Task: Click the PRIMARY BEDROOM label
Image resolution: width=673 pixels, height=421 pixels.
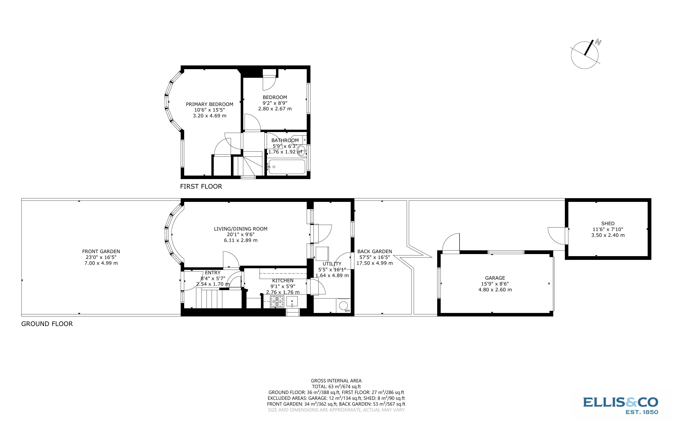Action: click(209, 104)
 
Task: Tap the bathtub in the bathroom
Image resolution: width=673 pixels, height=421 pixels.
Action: click(287, 167)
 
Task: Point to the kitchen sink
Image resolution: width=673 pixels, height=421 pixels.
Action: click(292, 302)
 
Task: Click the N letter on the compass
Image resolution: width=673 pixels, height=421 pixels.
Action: click(598, 43)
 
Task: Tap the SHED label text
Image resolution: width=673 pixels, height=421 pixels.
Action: click(608, 223)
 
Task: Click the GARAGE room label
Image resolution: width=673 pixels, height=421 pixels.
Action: click(495, 278)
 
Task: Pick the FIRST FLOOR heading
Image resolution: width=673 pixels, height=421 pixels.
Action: click(201, 187)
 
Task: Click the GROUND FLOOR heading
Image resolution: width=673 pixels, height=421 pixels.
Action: click(47, 324)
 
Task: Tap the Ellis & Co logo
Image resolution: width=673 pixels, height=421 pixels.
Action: click(620, 405)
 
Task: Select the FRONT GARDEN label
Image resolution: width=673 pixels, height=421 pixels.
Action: click(101, 251)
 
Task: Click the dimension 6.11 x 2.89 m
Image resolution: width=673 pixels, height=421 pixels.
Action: click(240, 240)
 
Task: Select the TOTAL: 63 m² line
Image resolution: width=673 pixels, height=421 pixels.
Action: click(336, 387)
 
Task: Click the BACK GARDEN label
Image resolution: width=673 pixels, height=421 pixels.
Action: click(374, 251)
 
